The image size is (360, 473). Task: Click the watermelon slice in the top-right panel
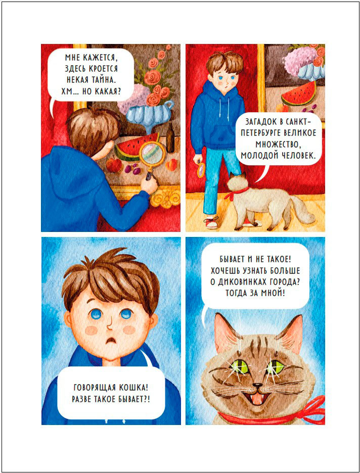tap(298, 93)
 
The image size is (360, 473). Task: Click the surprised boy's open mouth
tap(111, 341)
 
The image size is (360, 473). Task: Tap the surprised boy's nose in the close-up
tap(109, 325)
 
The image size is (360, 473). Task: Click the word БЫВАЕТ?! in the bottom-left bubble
tap(133, 399)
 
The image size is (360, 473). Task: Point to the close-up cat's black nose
tap(257, 386)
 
